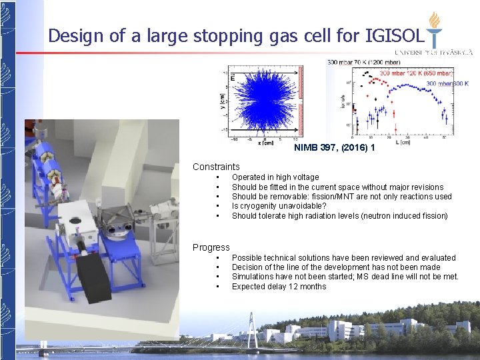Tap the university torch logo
point(434,29)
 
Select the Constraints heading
point(216,167)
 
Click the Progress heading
point(211,247)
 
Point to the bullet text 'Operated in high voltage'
point(275,177)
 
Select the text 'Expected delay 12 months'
point(279,287)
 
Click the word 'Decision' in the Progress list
point(248,267)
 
